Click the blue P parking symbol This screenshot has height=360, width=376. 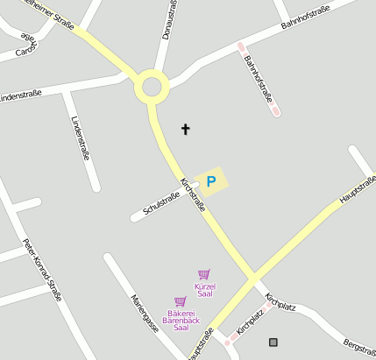(x=210, y=182)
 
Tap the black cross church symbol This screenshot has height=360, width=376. (x=185, y=130)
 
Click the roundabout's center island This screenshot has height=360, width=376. (x=151, y=87)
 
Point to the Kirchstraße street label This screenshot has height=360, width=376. (x=193, y=194)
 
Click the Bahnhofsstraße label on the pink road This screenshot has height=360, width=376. (x=259, y=80)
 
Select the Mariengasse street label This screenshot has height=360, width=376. (x=144, y=313)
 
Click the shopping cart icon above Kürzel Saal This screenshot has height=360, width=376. (x=204, y=274)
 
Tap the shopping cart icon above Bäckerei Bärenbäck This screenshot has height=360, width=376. (x=180, y=301)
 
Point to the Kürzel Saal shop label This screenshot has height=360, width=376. (x=205, y=290)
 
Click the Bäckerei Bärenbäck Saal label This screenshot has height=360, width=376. (x=181, y=320)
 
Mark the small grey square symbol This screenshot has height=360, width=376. (x=273, y=342)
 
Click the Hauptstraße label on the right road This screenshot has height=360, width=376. (x=357, y=190)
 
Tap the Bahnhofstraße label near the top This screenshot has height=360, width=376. (x=305, y=18)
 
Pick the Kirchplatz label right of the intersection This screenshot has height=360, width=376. (x=281, y=303)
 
